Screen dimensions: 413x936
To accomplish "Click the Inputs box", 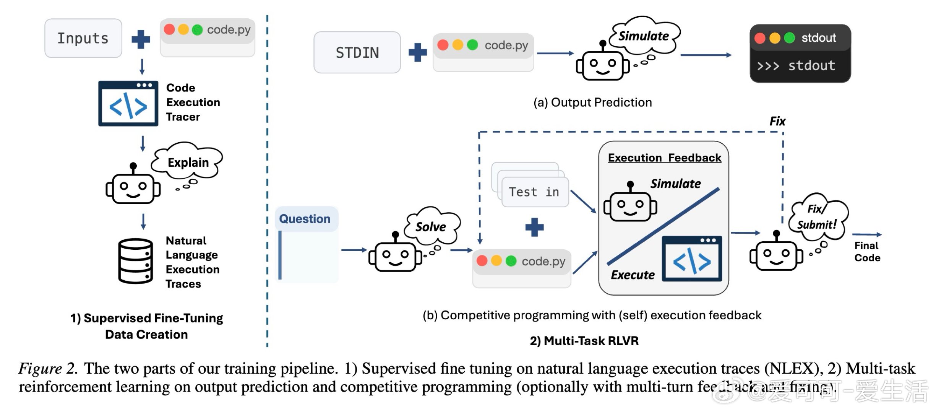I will [83, 38].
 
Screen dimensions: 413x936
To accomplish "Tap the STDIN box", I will [357, 52].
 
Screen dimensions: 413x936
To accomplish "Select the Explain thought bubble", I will [188, 162].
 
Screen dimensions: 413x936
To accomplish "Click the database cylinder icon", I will [135, 261].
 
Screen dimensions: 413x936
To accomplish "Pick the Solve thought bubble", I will [431, 226].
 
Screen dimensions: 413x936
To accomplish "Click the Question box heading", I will [305, 219].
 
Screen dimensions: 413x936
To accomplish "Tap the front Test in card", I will [534, 192].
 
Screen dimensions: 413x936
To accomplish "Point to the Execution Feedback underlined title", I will [664, 158].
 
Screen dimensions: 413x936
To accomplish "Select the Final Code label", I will [867, 252].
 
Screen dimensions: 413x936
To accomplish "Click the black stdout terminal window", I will [800, 54].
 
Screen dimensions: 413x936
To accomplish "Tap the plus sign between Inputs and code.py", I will [141, 39].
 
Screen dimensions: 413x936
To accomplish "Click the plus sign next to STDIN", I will [417, 52].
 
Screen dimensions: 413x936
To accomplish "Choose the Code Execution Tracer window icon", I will [128, 104].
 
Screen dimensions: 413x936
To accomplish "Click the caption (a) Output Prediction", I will [592, 102].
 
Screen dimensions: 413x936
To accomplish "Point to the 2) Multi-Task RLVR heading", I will [584, 341].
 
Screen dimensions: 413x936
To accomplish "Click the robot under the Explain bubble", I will [133, 186].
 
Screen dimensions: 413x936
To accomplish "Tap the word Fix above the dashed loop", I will [777, 121].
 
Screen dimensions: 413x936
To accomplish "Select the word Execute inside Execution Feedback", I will [633, 275].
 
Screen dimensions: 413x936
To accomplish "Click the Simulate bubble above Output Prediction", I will [644, 36].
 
